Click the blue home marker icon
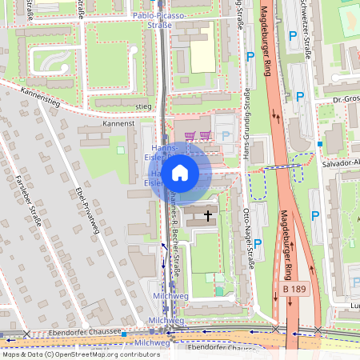point(180,173)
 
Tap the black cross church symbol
point(209,215)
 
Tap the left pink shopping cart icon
point(190,136)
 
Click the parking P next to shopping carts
point(225,137)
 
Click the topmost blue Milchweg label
point(169,296)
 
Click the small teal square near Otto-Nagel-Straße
point(218,290)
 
